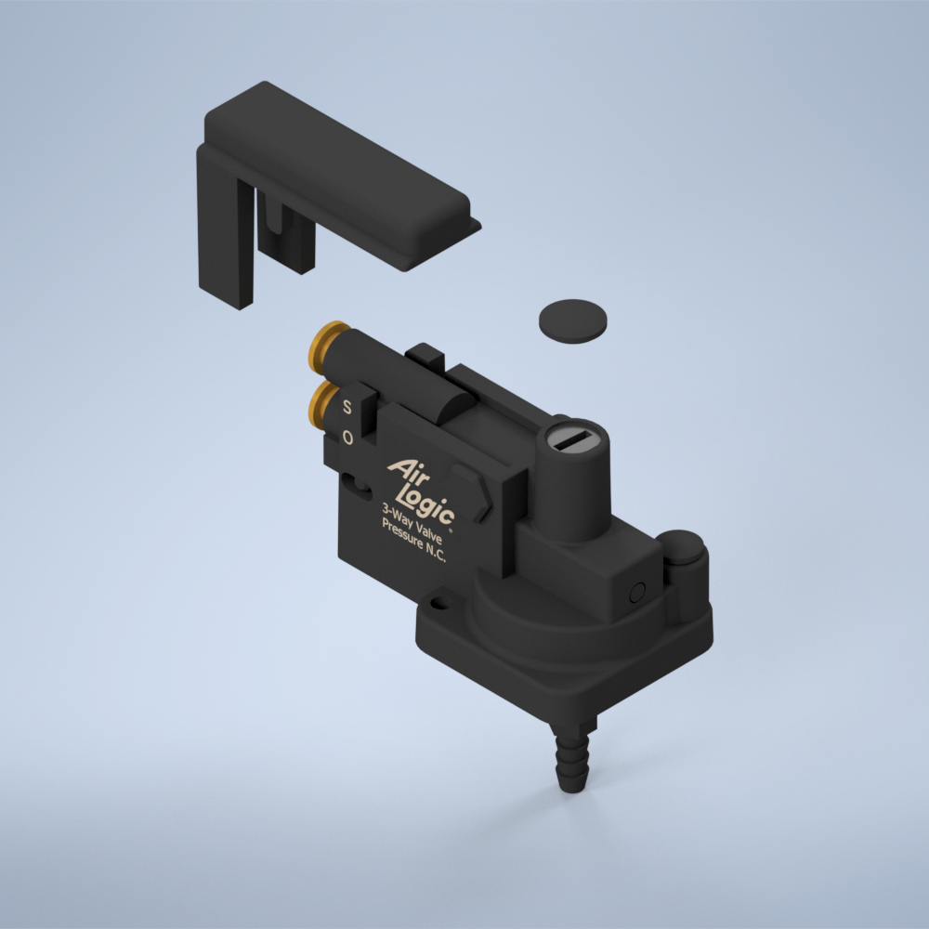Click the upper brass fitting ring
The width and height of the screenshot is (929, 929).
[x=323, y=347]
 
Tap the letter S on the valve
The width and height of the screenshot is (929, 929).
[x=347, y=407]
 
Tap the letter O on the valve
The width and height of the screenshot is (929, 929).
[x=347, y=438]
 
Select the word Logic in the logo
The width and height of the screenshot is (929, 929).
[x=426, y=503]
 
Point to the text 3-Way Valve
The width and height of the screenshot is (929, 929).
[x=412, y=524]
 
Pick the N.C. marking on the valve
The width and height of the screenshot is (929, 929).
[x=436, y=553]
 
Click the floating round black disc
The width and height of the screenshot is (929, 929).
[x=573, y=321]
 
